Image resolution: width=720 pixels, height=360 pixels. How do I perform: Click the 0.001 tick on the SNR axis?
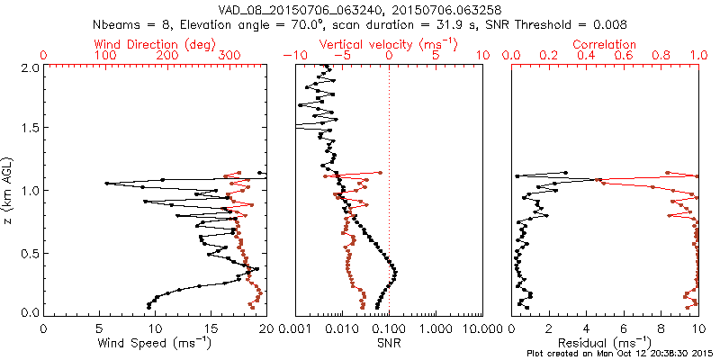tap(297, 328)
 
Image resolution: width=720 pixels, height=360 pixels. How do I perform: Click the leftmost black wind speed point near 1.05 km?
tap(107, 184)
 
